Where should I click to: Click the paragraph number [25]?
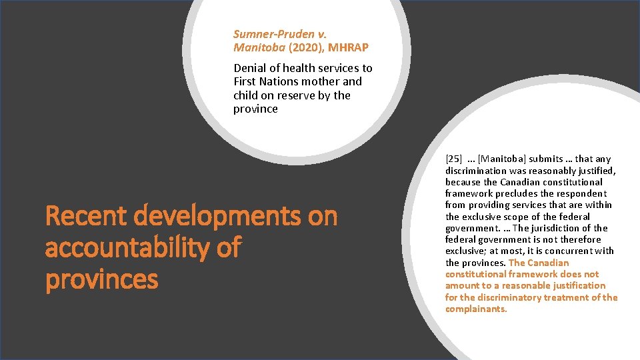(453, 159)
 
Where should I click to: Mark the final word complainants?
(476, 309)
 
